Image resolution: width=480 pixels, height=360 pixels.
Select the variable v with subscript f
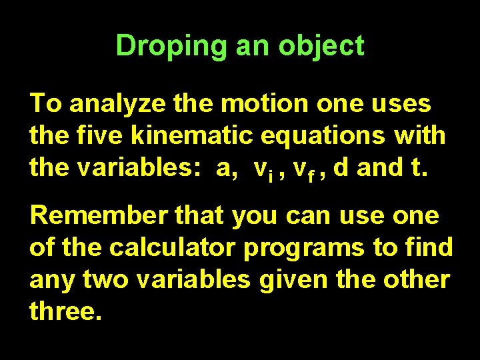coord(303,169)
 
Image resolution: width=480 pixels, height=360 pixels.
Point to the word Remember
coord(94,216)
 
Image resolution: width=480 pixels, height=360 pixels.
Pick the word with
coord(420,136)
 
